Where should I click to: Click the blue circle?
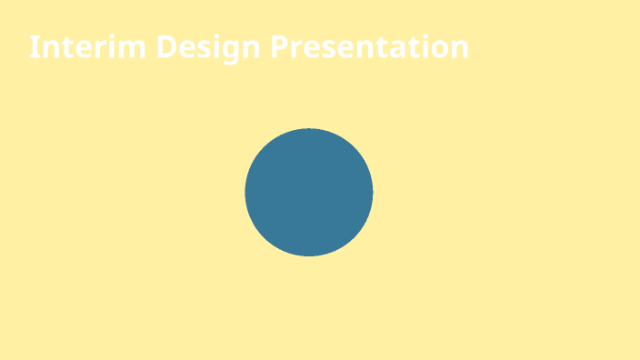pos(309,192)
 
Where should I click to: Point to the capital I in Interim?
pos(33,47)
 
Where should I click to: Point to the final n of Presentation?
pos(459,49)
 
